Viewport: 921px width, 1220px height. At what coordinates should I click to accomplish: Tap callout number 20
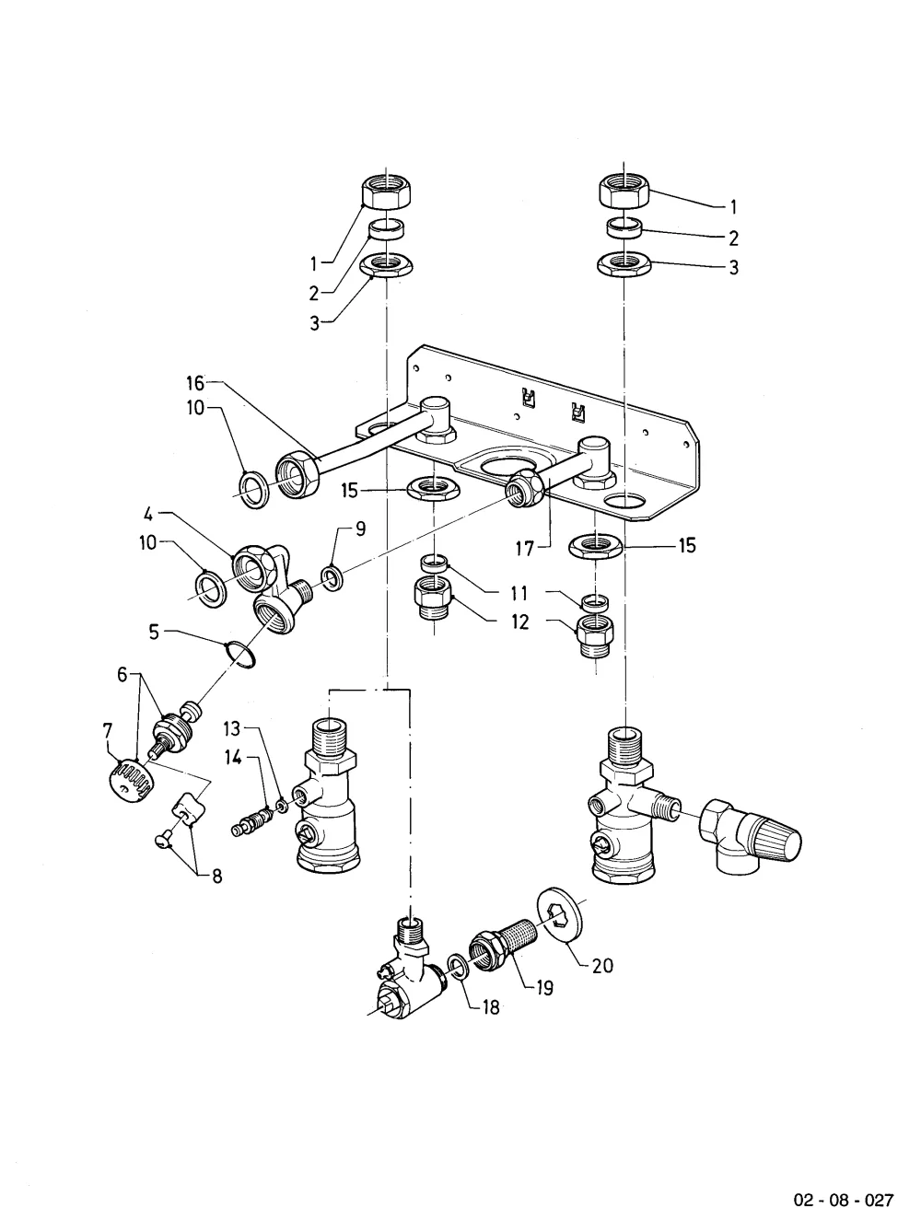pos(602,966)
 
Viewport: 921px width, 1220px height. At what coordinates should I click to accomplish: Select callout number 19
pos(544,988)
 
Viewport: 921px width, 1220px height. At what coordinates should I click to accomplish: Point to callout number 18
pos(491,1007)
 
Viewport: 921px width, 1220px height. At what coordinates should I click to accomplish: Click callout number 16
pos(195,383)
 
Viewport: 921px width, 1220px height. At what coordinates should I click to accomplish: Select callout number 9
pos(361,529)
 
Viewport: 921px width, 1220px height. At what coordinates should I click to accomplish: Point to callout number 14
pos(233,757)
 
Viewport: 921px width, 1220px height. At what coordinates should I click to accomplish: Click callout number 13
pos(232,727)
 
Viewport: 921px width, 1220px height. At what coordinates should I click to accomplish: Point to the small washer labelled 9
pos(333,578)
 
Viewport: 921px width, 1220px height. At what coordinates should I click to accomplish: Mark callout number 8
pos(216,877)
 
